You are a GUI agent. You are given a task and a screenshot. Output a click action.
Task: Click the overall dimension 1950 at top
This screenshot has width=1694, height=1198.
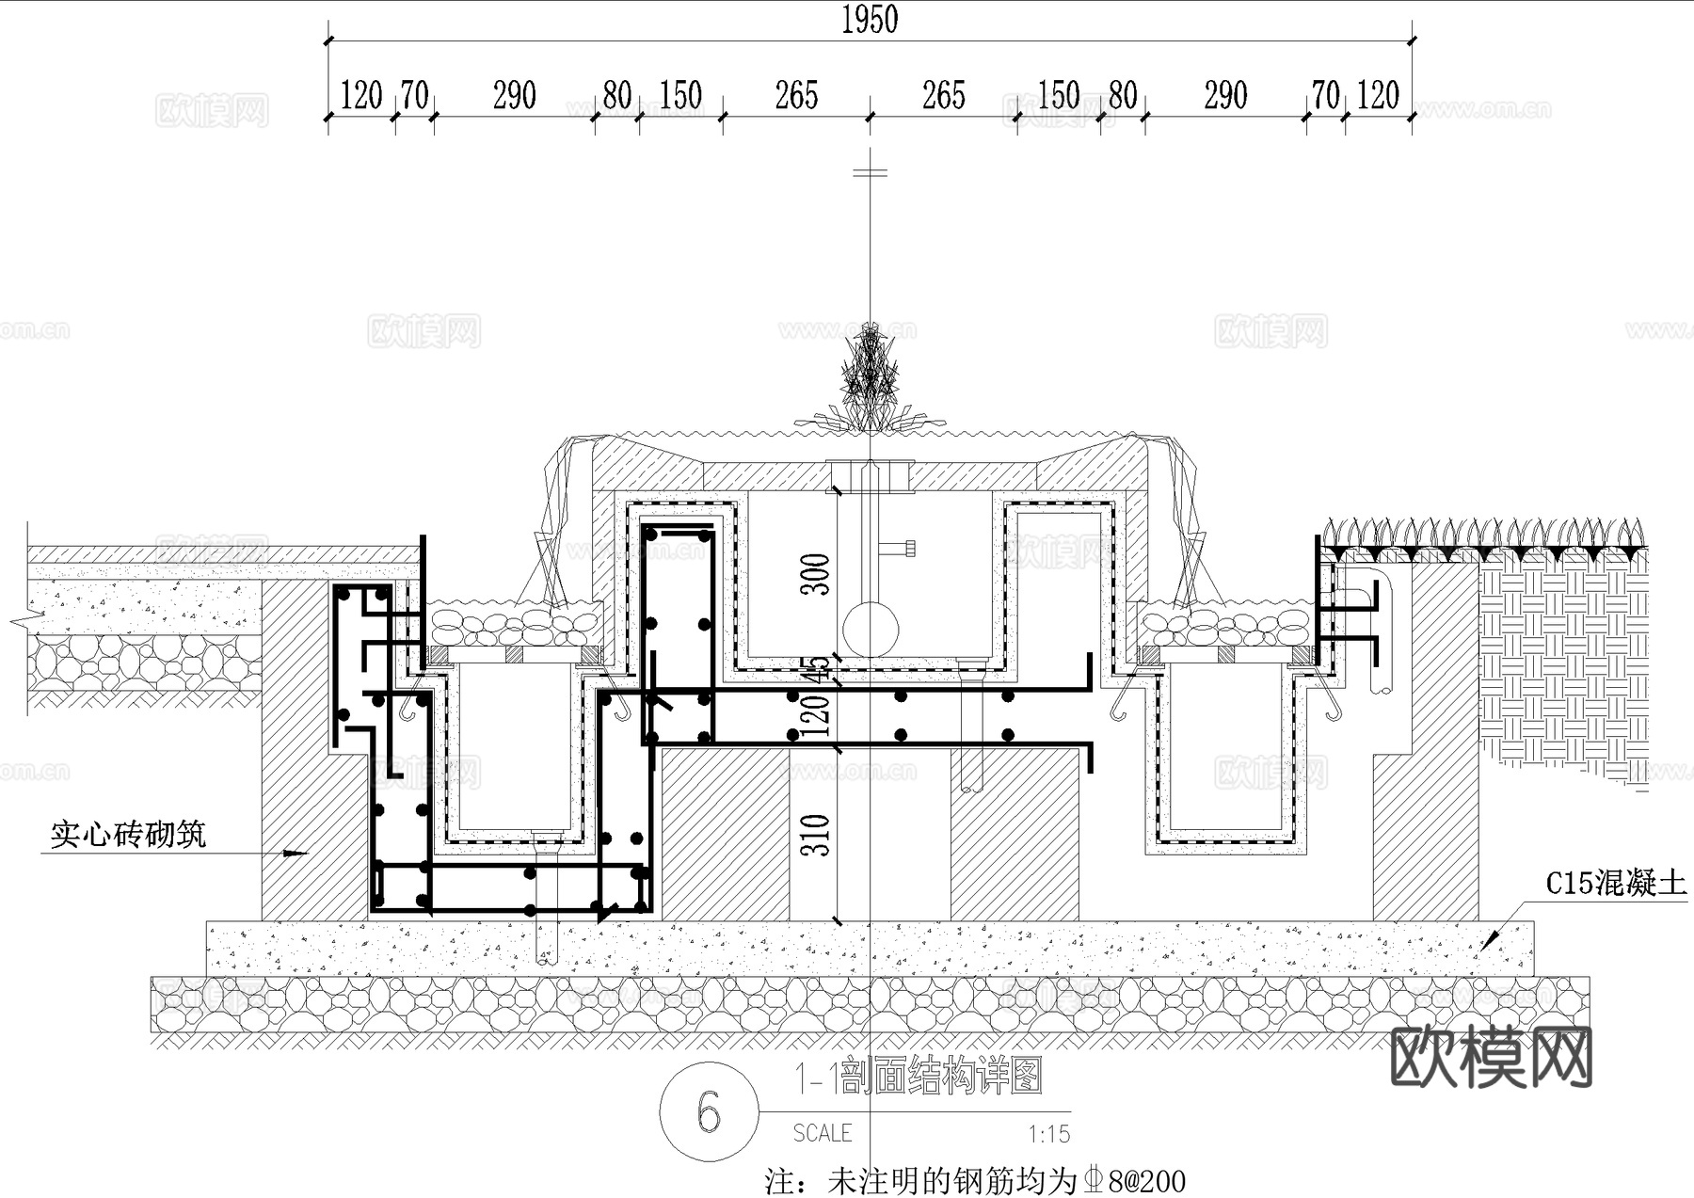[x=869, y=20]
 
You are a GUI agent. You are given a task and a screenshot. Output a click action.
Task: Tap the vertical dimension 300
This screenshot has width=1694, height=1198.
[x=816, y=574]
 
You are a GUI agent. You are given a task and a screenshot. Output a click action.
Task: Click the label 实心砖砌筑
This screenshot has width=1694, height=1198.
[x=128, y=834]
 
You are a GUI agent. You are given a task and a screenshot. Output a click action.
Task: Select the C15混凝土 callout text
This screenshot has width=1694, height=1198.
[x=1616, y=883]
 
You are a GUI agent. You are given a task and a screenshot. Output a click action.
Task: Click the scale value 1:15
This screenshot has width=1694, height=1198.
[x=1048, y=1134]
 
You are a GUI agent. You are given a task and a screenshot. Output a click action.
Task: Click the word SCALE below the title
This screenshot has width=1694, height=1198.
[x=823, y=1133]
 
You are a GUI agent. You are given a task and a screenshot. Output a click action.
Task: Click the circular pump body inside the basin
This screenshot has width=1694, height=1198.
[x=870, y=630]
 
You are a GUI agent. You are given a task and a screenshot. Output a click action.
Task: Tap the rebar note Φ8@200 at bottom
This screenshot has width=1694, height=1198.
[x=1135, y=1180]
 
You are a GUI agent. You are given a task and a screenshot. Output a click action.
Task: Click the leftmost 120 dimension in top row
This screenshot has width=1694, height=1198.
[x=360, y=96]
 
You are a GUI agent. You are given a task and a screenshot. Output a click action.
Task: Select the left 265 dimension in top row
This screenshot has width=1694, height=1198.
[x=796, y=96]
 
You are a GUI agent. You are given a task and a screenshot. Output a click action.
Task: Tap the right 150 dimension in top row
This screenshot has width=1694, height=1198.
[x=1058, y=96]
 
